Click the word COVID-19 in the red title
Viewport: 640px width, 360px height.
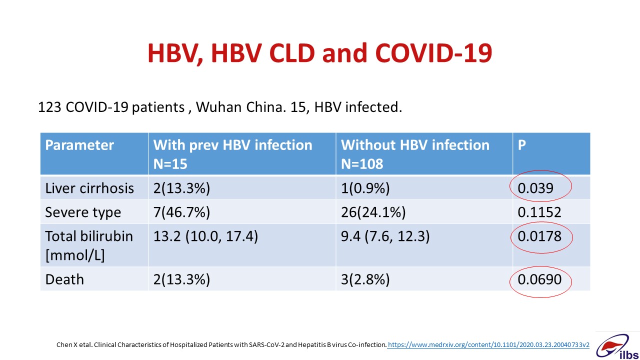coord(433,53)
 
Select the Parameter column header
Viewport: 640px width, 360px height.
coord(79,145)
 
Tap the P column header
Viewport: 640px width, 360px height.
coord(521,145)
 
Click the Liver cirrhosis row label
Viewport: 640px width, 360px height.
coord(89,188)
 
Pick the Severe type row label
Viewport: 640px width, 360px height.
coord(83,212)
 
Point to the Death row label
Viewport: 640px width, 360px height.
coord(64,279)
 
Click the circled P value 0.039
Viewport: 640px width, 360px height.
coord(535,188)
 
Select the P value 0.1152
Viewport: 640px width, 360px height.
coord(539,212)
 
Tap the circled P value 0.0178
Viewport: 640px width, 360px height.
coord(539,236)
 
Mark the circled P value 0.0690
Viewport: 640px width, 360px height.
coord(539,279)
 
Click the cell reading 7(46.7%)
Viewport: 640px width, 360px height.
coord(181,212)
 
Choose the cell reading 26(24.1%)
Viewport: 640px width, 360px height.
coord(373,212)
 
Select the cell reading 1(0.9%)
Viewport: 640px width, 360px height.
coord(365,188)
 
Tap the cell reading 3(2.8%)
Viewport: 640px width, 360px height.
coord(365,279)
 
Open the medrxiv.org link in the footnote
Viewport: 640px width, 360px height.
coord(488,345)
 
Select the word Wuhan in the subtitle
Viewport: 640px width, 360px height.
coord(219,107)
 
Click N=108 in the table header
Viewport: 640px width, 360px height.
coord(362,164)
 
